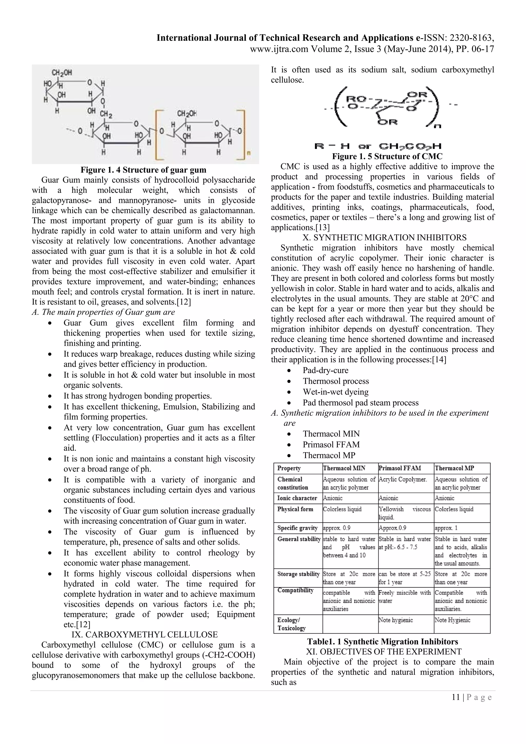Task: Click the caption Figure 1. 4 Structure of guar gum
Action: click(x=143, y=170)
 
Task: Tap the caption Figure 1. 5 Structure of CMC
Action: click(x=387, y=156)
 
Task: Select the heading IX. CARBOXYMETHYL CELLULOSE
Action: click(x=145, y=635)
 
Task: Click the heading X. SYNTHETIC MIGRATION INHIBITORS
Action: click(x=384, y=238)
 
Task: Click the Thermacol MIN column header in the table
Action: click(x=344, y=468)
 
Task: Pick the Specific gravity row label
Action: click(x=297, y=528)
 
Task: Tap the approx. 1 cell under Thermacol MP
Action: click(x=446, y=528)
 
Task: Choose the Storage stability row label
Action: click(x=298, y=574)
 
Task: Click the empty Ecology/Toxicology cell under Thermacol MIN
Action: click(x=350, y=624)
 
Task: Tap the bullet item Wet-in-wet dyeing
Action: click(x=336, y=392)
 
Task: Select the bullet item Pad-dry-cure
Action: click(x=326, y=370)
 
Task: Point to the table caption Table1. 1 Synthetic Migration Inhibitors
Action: click(x=382, y=641)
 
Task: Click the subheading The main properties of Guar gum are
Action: click(x=104, y=312)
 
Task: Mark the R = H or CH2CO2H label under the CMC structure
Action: click(x=378, y=146)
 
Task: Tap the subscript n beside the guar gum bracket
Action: click(x=249, y=153)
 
